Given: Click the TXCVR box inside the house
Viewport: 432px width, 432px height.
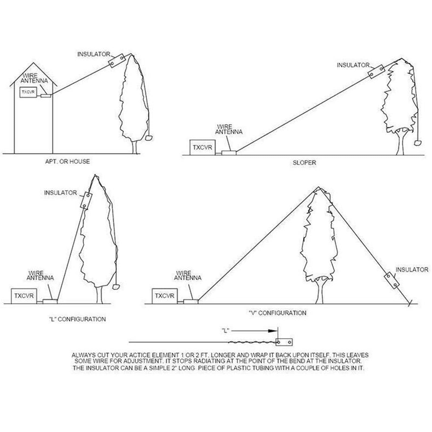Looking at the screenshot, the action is coord(28,92).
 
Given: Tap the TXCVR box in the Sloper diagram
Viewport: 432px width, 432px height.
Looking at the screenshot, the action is coord(202,147).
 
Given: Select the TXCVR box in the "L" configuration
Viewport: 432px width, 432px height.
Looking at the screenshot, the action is coord(24,296).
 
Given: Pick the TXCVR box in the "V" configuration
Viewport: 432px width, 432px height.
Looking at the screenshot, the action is coord(165,296).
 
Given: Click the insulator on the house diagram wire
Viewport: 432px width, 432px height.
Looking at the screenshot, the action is coord(117,61).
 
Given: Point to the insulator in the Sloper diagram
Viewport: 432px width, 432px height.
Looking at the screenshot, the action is coord(376,72).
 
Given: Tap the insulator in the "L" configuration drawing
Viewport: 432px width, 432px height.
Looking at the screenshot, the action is coord(86,200).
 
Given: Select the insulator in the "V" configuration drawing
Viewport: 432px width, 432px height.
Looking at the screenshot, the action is coord(391,280).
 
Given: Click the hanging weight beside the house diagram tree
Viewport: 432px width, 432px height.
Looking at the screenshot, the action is coord(149,138).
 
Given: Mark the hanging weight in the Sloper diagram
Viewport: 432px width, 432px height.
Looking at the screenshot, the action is coord(418,142).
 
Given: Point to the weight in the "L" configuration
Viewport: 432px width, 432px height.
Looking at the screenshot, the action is coord(116,286).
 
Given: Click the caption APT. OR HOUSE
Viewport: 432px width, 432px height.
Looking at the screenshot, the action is coord(67,161).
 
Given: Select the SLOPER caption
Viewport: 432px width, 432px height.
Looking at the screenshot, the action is coord(304,163).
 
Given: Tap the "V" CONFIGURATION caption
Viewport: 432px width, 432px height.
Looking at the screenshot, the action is coord(277,313).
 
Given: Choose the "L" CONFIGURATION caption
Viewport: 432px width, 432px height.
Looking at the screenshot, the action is coord(77,319).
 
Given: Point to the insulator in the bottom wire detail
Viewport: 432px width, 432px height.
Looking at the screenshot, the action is coord(284,342).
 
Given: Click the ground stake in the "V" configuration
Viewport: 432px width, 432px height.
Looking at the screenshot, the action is coord(409,303).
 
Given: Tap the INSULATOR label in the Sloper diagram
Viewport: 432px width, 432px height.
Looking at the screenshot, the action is coord(353,65).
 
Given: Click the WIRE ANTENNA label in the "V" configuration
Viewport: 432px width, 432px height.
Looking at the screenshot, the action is coord(188,275).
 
